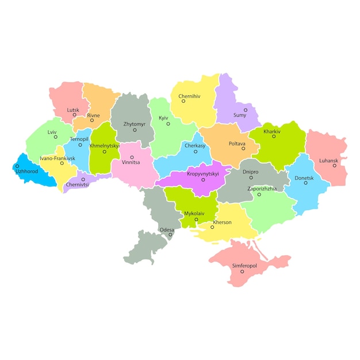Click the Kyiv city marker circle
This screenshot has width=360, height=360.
point(168,124)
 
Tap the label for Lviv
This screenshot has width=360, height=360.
point(52,132)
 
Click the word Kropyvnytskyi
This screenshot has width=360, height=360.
point(203,174)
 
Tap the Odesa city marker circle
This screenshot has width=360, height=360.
point(170,235)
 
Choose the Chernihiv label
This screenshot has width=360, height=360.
point(189,96)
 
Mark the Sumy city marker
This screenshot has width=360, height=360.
point(246,109)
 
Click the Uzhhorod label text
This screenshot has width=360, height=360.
point(26,171)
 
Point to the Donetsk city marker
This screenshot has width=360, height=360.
point(306,183)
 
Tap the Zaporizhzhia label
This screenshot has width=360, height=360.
point(262,189)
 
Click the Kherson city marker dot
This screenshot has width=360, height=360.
point(212,227)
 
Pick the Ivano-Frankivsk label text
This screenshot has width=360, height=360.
point(58,158)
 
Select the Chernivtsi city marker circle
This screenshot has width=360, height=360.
point(83,179)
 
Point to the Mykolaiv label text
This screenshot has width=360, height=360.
point(194,213)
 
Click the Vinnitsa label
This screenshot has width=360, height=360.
point(131,162)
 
